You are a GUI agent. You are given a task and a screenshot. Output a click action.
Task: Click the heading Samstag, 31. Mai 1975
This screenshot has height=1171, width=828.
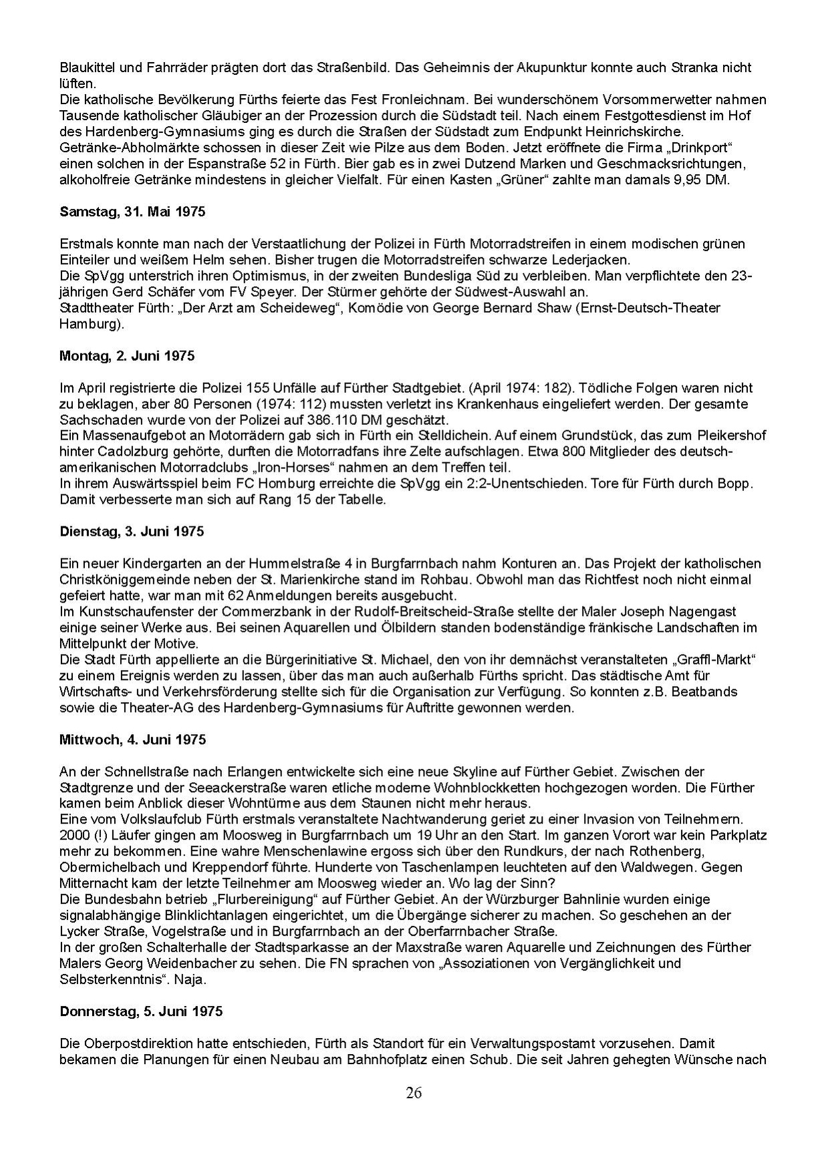pyautogui.click(x=132, y=212)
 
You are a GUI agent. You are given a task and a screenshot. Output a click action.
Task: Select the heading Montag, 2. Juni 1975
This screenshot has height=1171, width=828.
pyautogui.click(x=127, y=356)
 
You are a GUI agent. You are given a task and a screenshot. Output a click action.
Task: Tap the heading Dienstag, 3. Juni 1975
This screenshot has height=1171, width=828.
pyautogui.click(x=132, y=532)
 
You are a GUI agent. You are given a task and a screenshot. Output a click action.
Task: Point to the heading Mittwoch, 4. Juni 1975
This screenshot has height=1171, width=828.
pyautogui.click(x=132, y=739)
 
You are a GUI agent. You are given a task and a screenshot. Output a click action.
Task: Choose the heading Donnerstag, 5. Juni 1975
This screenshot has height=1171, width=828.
pyautogui.click(x=141, y=1011)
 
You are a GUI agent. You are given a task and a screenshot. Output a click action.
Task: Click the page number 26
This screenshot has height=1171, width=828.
pyautogui.click(x=414, y=1093)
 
